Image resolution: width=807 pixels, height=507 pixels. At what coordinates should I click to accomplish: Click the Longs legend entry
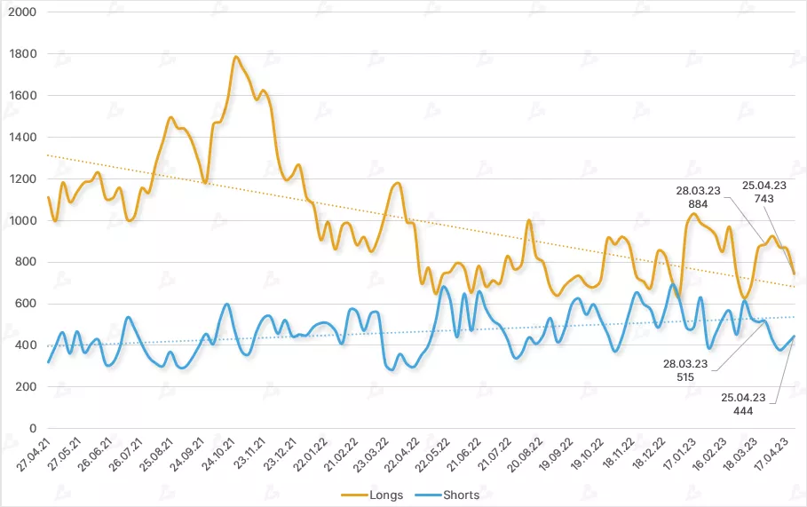click(382, 495)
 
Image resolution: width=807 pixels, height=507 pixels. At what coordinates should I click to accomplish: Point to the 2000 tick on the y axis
click(22, 12)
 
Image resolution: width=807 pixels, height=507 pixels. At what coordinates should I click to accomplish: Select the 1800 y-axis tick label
click(22, 54)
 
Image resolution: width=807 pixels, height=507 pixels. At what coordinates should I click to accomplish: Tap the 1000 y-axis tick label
click(22, 220)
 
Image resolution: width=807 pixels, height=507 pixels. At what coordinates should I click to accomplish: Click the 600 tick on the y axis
click(26, 304)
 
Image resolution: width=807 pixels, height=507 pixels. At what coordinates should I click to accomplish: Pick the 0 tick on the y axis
click(32, 428)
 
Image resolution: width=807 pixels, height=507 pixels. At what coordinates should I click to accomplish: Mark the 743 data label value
click(764, 199)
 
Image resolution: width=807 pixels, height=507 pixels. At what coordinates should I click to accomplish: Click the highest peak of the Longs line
click(236, 58)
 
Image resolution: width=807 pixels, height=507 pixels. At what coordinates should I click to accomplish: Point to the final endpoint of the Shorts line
click(794, 337)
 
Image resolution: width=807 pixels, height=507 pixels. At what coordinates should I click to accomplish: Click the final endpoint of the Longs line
click(794, 273)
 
